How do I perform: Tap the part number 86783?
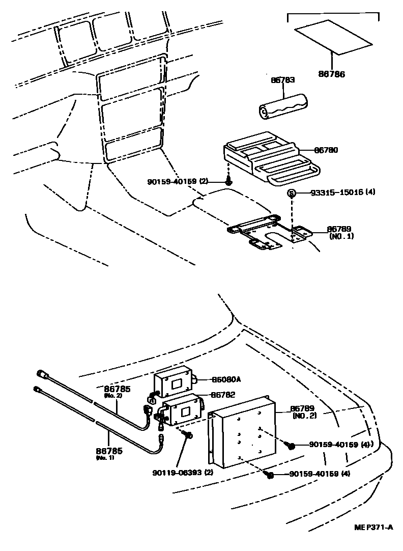click(x=283, y=80)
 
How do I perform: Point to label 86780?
click(x=326, y=150)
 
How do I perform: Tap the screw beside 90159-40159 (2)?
click(x=229, y=181)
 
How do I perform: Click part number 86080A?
click(x=226, y=379)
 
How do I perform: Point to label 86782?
click(x=223, y=395)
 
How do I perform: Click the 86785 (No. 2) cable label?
click(x=118, y=391)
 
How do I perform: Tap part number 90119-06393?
click(x=182, y=472)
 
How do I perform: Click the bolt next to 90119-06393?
click(x=189, y=435)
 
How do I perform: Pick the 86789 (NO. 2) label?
click(x=304, y=411)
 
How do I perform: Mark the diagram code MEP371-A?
click(x=374, y=527)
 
